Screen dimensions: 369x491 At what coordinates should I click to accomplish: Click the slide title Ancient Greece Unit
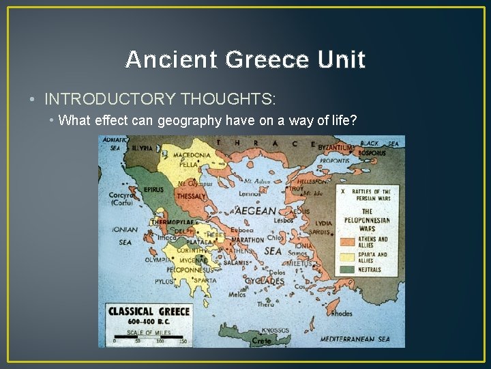pyautogui.click(x=245, y=60)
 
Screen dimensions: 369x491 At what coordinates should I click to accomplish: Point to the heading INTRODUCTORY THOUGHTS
pyautogui.click(x=160, y=99)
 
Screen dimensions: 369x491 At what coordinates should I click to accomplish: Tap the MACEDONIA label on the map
pyautogui.click(x=193, y=155)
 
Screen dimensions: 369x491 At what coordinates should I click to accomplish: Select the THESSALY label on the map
pyautogui.click(x=191, y=196)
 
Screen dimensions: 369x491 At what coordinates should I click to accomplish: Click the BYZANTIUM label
pyautogui.click(x=336, y=147)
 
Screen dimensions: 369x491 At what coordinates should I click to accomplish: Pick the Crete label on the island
pyautogui.click(x=262, y=340)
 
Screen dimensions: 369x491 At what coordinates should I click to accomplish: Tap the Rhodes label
pyautogui.click(x=341, y=314)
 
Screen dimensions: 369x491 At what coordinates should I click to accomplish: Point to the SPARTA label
pyautogui.click(x=204, y=280)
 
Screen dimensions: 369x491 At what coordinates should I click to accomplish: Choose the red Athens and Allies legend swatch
pyautogui.click(x=350, y=241)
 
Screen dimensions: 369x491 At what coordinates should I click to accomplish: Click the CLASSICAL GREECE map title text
pyautogui.click(x=149, y=312)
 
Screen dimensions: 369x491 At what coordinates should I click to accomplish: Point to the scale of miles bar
pyautogui.click(x=149, y=336)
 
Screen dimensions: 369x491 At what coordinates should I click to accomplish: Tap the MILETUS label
pyautogui.click(x=299, y=263)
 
